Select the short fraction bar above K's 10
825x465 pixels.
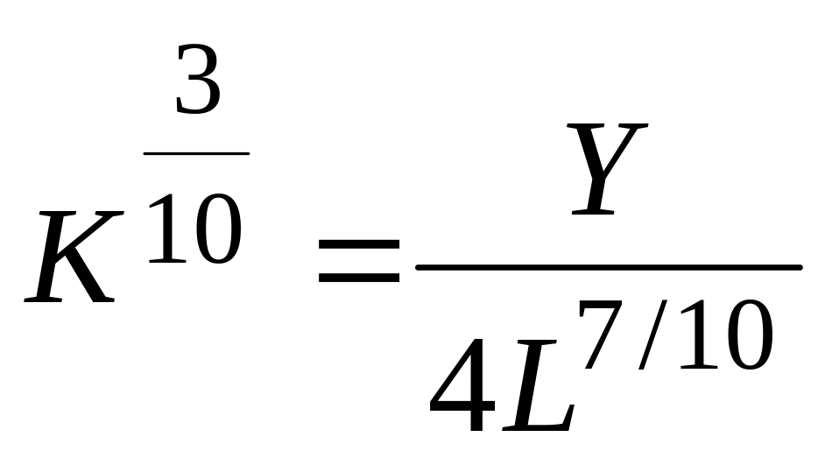pyautogui.click(x=196, y=152)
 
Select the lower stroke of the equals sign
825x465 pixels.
pyautogui.click(x=359, y=280)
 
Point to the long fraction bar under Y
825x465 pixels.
pyautogui.click(x=608, y=266)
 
